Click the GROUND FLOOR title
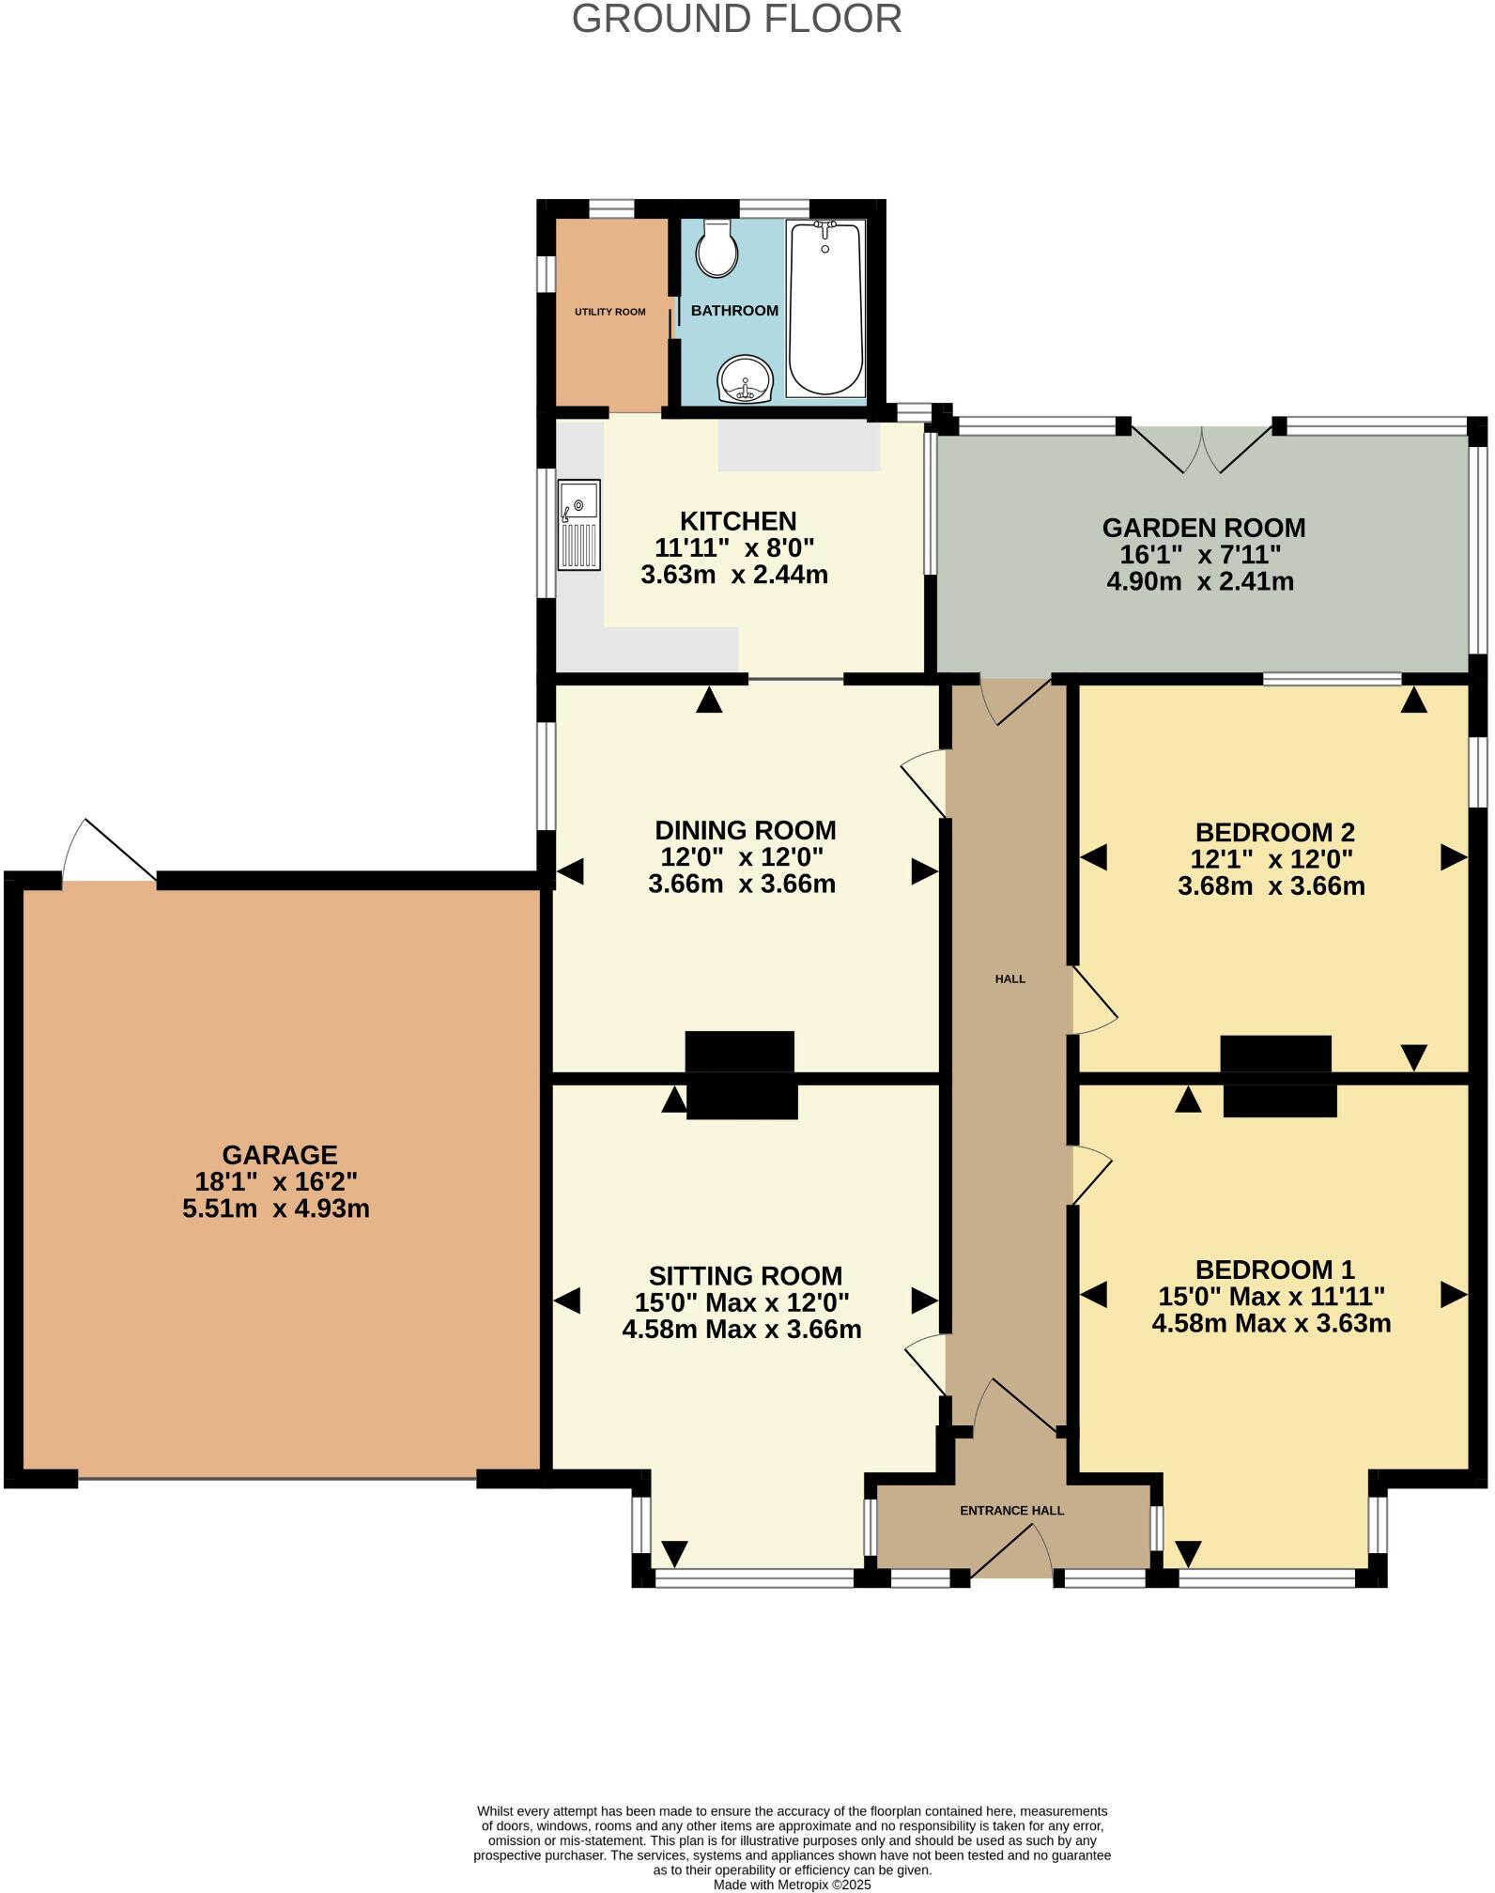click(x=736, y=20)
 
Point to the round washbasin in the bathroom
click(x=745, y=379)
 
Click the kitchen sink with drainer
click(x=578, y=525)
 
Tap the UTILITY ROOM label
click(x=609, y=312)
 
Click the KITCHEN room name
click(x=737, y=521)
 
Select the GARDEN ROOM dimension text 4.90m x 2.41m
click(x=1200, y=581)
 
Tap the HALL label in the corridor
click(x=1010, y=978)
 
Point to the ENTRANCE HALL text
click(x=1011, y=1511)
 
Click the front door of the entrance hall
click(x=1012, y=1551)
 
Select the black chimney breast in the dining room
click(x=740, y=1051)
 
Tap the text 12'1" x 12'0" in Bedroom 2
click(x=1272, y=858)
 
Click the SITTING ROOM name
click(x=745, y=1276)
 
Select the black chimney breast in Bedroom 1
click(x=1279, y=1100)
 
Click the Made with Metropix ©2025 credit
click(x=792, y=1884)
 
